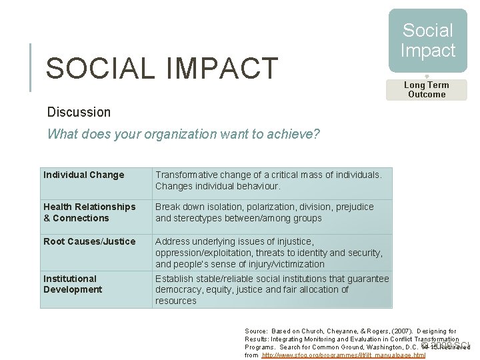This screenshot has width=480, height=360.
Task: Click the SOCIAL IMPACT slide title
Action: click(x=161, y=69)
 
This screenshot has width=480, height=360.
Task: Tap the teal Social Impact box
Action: click(x=427, y=41)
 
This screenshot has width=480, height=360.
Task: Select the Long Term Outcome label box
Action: click(x=427, y=90)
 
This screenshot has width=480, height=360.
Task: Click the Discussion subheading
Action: click(x=79, y=112)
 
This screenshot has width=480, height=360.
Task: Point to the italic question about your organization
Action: click(x=183, y=134)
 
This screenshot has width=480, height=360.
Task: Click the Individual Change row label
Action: click(x=84, y=175)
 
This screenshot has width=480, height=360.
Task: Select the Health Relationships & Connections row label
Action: click(x=89, y=213)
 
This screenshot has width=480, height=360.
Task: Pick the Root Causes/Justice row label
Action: click(x=89, y=241)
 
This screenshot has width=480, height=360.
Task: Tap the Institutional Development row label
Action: click(x=73, y=284)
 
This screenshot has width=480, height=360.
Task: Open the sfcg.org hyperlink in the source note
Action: click(x=343, y=355)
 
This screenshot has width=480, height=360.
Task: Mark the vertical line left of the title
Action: click(x=31, y=67)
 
